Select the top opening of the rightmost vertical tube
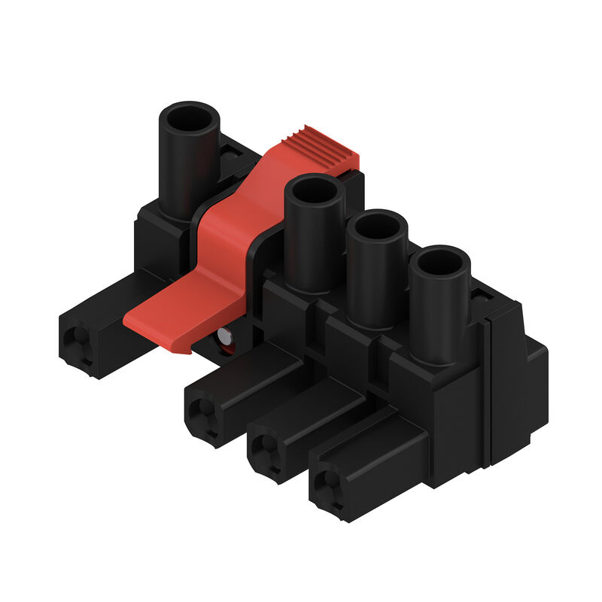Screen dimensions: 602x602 (440, 263)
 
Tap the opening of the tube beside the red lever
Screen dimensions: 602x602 (315, 192)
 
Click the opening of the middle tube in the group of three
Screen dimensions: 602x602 (377, 227)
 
